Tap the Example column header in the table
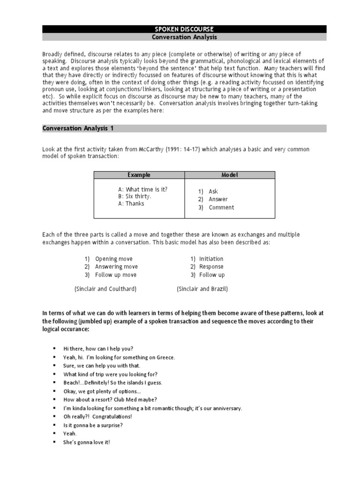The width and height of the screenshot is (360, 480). click(139, 175)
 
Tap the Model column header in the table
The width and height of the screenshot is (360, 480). click(230, 175)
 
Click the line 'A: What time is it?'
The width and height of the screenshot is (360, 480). click(142, 189)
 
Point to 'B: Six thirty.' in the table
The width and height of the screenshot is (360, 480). click(135, 196)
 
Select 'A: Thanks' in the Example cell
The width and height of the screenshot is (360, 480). click(131, 203)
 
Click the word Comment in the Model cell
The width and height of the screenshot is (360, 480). click(221, 208)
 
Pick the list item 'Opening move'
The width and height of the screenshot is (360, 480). click(113, 259)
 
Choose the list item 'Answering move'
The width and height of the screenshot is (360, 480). click(116, 267)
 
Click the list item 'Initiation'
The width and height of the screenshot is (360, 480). click(211, 259)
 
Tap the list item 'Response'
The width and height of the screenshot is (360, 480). click(211, 267)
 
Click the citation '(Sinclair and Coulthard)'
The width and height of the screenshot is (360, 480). click(105, 289)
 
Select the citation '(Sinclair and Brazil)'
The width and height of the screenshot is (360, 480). click(202, 289)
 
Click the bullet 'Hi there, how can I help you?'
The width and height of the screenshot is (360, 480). click(98, 349)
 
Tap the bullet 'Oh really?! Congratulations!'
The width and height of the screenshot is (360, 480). click(97, 416)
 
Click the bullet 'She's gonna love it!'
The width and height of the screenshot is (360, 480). click(87, 442)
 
